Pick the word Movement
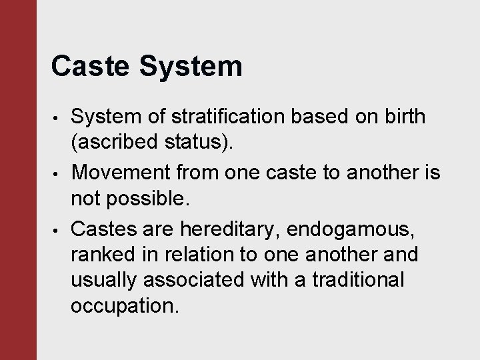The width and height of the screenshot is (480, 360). point(125,173)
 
